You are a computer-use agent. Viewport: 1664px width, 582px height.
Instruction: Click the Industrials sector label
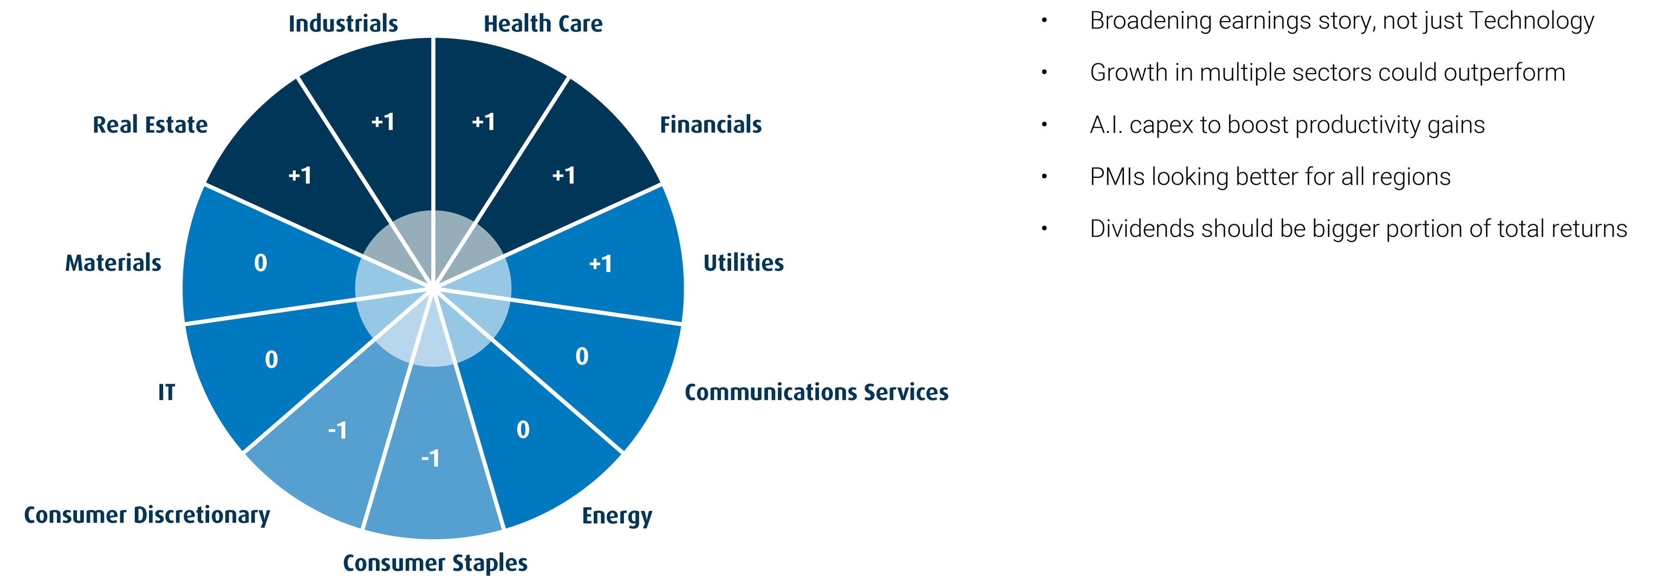(343, 23)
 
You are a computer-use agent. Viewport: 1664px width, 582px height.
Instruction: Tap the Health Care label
(543, 23)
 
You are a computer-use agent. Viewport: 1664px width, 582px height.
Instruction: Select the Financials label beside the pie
(711, 124)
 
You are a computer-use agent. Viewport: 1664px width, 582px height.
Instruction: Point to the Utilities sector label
(744, 262)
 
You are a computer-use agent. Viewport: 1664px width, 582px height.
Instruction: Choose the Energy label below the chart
(617, 516)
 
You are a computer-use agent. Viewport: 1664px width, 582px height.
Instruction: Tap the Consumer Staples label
(435, 563)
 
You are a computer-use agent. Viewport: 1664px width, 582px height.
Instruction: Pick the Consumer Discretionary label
(147, 515)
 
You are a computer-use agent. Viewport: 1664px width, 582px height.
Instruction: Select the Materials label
(113, 262)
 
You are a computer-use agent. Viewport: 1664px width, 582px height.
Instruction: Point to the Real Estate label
(151, 124)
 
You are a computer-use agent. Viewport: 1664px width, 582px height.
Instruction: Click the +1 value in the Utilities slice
(601, 263)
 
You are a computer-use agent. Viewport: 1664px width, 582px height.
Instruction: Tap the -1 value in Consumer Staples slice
(430, 458)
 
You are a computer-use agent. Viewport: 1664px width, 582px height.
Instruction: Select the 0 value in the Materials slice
(261, 263)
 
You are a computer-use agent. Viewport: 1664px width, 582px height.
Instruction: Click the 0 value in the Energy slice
(523, 430)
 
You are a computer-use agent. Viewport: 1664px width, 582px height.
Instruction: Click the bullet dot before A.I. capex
(1044, 124)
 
